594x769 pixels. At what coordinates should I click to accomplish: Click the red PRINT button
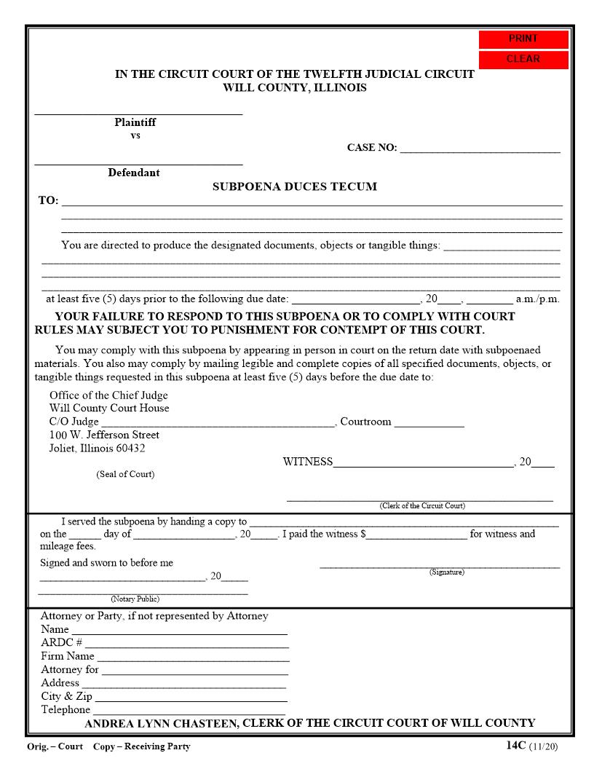[523, 39]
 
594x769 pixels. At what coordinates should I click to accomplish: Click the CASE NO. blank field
[480, 148]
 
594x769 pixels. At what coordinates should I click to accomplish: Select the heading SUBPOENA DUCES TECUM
[294, 186]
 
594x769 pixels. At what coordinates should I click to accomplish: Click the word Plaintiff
[135, 122]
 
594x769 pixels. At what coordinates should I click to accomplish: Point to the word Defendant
[134, 173]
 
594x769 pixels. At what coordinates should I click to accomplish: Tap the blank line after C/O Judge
[217, 422]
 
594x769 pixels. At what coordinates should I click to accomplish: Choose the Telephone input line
[189, 710]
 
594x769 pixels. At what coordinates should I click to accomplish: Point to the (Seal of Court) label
[125, 474]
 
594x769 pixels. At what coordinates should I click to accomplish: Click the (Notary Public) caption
[135, 599]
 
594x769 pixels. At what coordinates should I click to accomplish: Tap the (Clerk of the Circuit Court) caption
[421, 505]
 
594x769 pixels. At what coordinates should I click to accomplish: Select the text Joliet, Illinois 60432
[97, 449]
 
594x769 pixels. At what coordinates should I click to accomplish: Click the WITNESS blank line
[423, 462]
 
